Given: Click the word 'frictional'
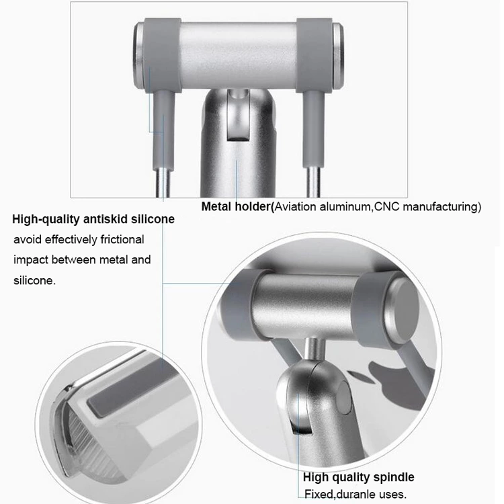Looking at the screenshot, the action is pyautogui.click(x=122, y=239).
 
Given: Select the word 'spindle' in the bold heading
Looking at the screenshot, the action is pyautogui.click(x=393, y=477).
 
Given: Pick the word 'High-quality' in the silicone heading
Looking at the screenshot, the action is pyautogui.click(x=46, y=220).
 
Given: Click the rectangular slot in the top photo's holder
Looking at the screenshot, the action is pyautogui.click(x=238, y=115).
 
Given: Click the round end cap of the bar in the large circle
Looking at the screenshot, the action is pyautogui.click(x=402, y=311).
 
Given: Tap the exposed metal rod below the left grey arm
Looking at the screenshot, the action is pyautogui.click(x=163, y=183).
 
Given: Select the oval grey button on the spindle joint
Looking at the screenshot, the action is pyautogui.click(x=345, y=397).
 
